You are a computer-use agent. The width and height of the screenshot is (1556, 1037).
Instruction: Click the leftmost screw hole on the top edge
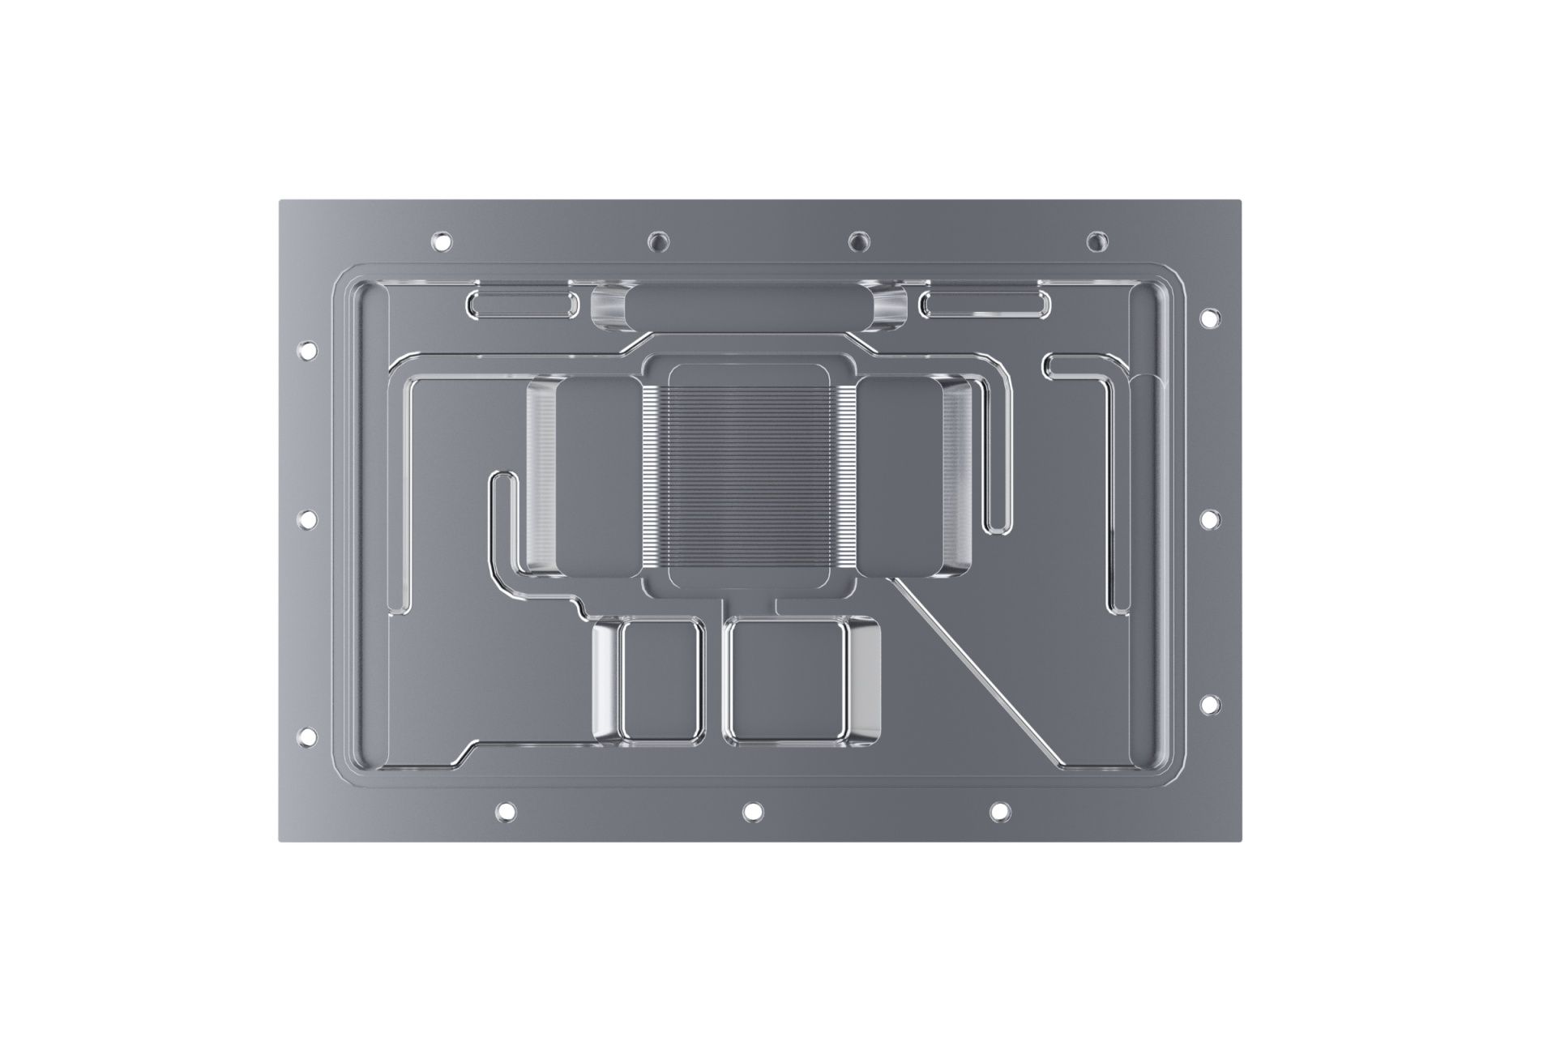coord(442,241)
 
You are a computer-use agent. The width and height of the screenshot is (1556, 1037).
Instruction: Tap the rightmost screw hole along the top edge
coord(1096,241)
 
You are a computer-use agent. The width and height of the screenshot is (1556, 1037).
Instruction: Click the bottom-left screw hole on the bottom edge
coord(505,810)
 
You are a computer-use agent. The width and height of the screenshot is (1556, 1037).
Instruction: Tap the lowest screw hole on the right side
coord(1210,704)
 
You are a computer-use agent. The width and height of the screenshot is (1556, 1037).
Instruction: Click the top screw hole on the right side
coord(1210,318)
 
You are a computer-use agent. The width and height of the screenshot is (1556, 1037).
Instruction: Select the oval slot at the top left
coord(523,305)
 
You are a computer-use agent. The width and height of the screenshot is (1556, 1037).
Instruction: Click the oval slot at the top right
coord(984,305)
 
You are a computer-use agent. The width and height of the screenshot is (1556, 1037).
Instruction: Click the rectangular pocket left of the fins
coord(596,478)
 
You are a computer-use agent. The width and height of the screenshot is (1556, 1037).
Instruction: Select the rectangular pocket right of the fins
coord(900,478)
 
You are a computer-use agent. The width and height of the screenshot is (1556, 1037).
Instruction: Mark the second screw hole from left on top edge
coord(659,241)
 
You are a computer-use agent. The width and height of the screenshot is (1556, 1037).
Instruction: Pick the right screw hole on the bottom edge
coord(1000,810)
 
